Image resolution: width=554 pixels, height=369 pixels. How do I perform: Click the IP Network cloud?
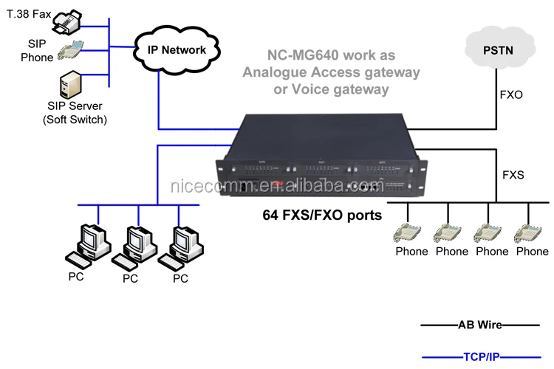pos(178,50)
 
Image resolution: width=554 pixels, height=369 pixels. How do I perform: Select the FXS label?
pos(513,176)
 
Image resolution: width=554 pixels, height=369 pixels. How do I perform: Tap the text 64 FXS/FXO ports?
pos(322,216)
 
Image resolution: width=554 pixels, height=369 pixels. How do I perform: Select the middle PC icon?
pos(133,246)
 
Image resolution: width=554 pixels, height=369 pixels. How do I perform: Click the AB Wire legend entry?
pos(479,325)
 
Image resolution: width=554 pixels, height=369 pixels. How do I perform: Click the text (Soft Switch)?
pos(75,120)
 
